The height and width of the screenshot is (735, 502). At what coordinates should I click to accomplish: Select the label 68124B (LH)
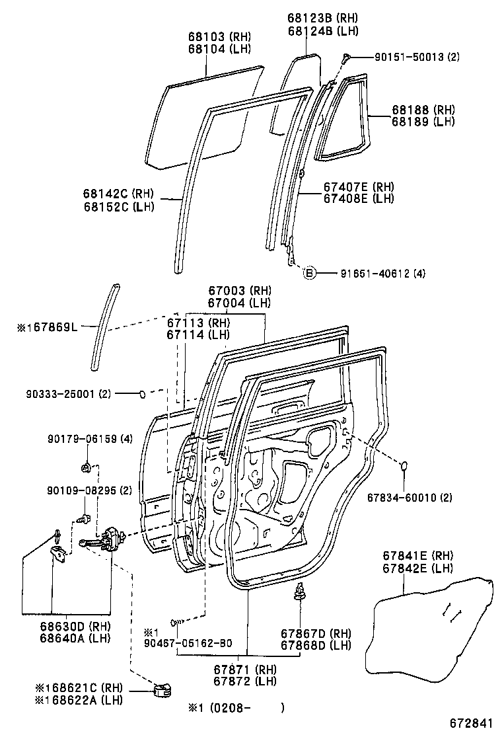tap(313, 30)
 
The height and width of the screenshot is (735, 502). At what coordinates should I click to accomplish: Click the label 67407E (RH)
tap(359, 187)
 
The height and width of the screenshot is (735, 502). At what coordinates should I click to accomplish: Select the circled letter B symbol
tap(308, 272)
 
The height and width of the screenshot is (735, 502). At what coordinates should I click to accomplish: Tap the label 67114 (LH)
tap(197, 334)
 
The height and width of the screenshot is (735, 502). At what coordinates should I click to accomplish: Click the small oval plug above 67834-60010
tap(405, 467)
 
